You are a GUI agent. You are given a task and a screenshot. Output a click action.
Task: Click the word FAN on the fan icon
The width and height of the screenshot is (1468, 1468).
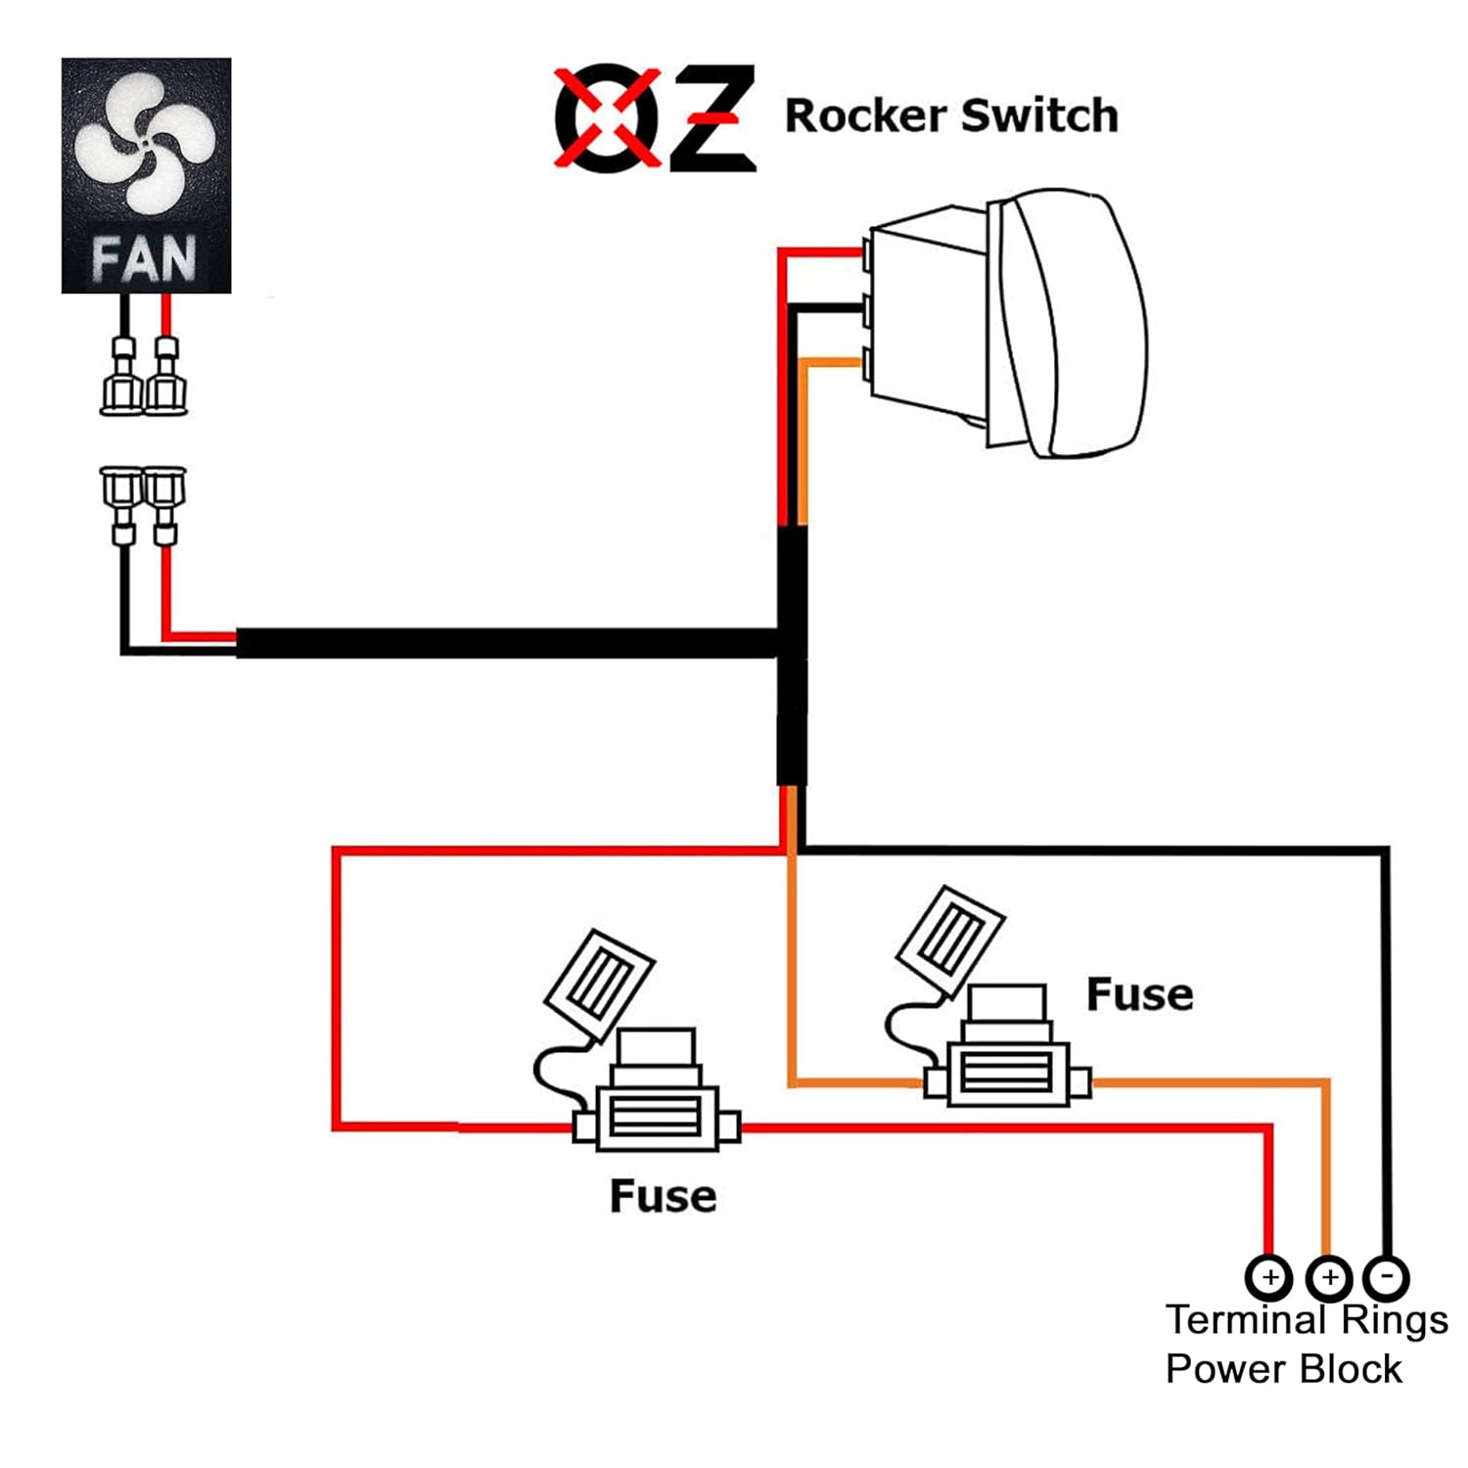point(145,259)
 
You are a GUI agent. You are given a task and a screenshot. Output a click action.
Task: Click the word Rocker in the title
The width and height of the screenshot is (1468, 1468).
point(864,115)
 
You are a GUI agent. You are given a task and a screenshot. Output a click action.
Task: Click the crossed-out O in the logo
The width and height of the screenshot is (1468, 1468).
point(606,117)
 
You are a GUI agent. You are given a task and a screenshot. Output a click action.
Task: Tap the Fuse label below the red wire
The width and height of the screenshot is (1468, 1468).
point(663,1196)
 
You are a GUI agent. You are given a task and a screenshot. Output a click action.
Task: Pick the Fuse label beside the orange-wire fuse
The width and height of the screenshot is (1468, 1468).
point(1139,994)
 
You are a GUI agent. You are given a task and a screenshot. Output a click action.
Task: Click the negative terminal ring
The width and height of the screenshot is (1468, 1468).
point(1386,1277)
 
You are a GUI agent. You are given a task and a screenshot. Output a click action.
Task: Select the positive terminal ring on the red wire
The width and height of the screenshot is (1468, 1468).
point(1269,1277)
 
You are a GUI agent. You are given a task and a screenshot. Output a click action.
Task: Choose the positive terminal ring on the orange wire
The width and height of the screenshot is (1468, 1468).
point(1328,1277)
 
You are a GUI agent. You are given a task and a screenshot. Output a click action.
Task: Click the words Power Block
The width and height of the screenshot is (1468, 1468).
point(1283,1368)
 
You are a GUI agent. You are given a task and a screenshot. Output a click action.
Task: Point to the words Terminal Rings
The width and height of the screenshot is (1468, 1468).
point(1307,1319)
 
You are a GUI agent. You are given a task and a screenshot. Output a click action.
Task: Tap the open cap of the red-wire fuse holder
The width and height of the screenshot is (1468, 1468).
point(599,983)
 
